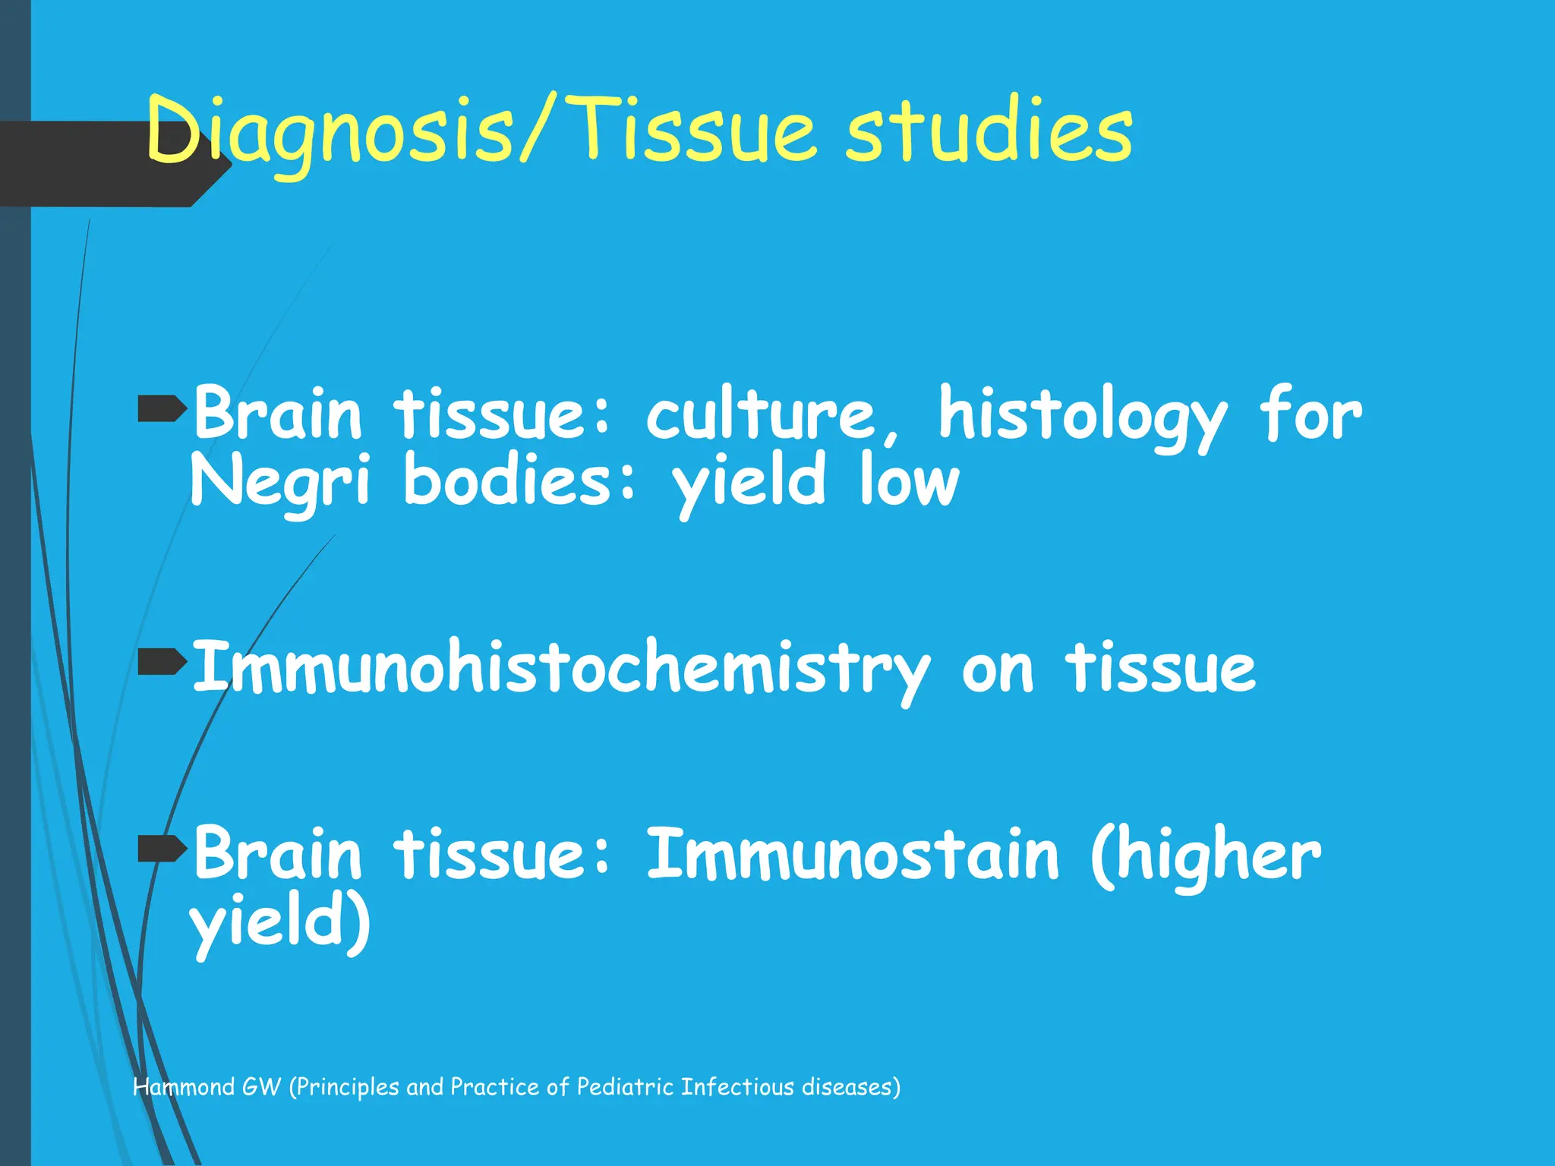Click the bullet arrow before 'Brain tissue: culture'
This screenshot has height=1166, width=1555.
pos(162,410)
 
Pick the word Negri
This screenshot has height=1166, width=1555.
pos(280,482)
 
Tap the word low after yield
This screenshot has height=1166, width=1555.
pos(909,482)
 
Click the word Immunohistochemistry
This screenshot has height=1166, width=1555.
pos(560,668)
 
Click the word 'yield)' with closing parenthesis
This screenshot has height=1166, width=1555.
pos(280,922)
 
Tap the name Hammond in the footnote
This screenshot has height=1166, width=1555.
pos(184,1087)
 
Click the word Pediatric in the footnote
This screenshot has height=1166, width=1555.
pos(624,1087)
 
